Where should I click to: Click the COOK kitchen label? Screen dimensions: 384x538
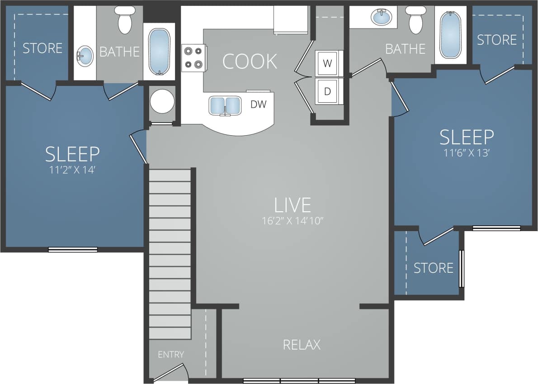point(250,62)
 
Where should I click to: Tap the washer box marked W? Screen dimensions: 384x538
point(327,63)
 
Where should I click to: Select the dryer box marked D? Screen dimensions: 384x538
point(327,91)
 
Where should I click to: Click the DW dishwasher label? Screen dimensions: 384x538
point(258,104)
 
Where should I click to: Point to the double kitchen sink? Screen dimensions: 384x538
point(224,106)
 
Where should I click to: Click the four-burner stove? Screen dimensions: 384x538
point(193,58)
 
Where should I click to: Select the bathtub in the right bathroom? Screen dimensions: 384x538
point(450,35)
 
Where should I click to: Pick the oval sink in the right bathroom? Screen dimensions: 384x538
point(382,18)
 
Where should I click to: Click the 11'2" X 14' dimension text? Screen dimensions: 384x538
point(72,171)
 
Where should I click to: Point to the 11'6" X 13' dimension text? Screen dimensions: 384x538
point(467,153)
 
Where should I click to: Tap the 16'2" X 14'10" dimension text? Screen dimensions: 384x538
point(293,221)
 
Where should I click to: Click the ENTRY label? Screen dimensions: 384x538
point(171,355)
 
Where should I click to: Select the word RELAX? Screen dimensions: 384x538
point(302,345)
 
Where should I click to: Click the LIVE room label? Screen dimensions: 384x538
point(293,205)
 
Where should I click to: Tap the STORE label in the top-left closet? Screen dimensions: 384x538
point(42,48)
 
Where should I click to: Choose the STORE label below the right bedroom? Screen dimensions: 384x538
point(433,268)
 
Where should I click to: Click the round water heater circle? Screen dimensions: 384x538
point(162,101)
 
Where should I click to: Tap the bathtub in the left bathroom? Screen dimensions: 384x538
point(159,52)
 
